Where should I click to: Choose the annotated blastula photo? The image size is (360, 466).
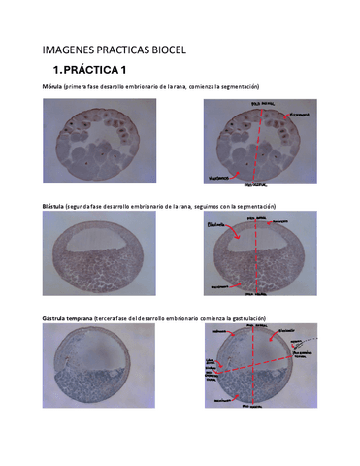coord(260,259)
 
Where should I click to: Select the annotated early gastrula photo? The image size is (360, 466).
coord(260,376)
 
